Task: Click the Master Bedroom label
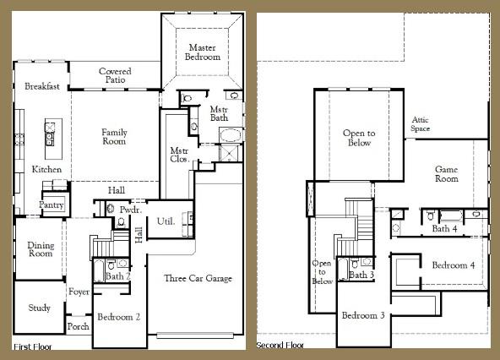tap(204, 52)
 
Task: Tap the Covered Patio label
tap(115, 77)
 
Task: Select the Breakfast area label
tap(41, 86)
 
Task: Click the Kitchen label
tap(46, 170)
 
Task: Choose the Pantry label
tap(52, 205)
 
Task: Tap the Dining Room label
tap(41, 248)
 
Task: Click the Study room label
tap(39, 308)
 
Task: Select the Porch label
tap(78, 326)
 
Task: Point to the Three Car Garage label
tap(198, 279)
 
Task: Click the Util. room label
tap(166, 221)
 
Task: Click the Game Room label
tap(446, 173)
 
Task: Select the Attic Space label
tap(421, 124)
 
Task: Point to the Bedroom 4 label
tap(453, 265)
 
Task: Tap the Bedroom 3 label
tap(364, 315)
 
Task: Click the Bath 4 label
tap(444, 229)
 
